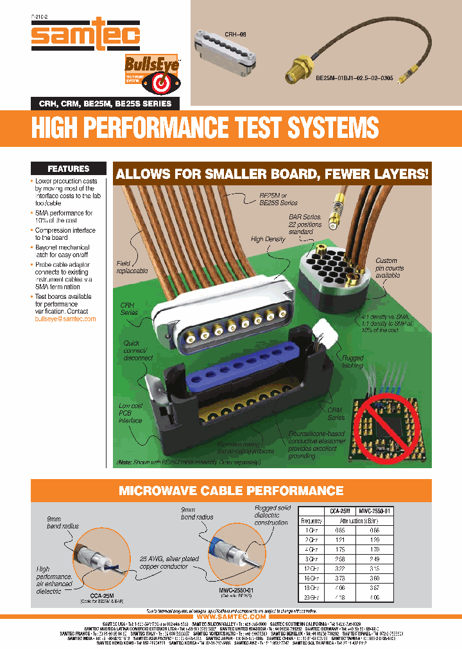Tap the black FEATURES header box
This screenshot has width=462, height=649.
pos(68,169)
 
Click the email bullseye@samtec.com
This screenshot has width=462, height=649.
pos(65,319)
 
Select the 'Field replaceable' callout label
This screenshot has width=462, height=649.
pos(132,267)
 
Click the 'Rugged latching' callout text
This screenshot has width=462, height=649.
pos(352,362)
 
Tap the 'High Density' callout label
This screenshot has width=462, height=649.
pos(267,239)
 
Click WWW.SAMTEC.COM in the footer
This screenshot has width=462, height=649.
pos(231,616)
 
